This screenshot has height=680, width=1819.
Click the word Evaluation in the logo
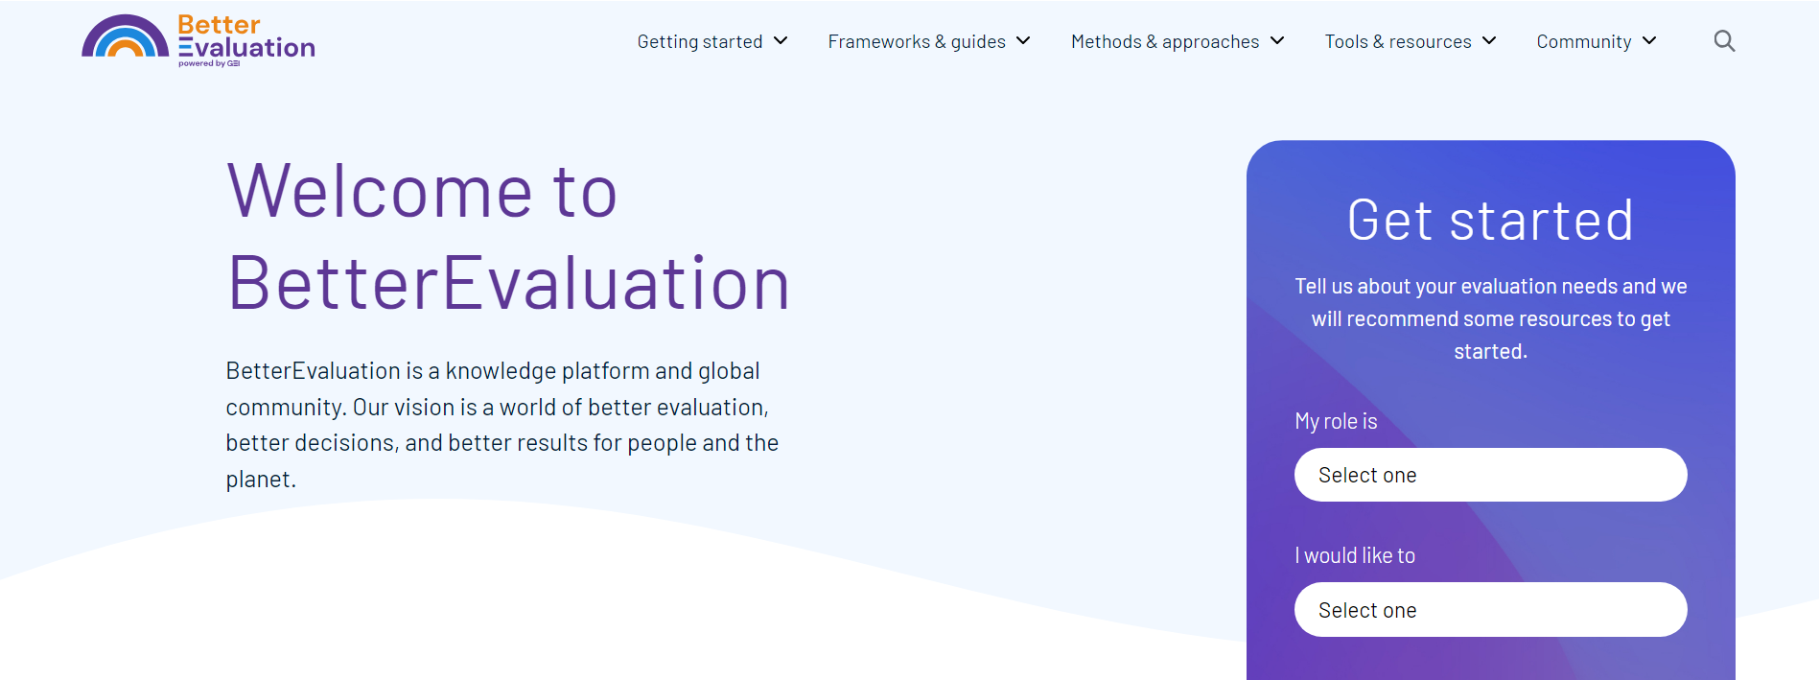coord(246,47)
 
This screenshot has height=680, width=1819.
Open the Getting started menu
coord(700,41)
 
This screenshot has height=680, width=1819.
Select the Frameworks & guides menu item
coord(916,41)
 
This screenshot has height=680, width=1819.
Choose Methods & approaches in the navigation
coord(1164,41)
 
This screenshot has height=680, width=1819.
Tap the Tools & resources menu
coord(1397,41)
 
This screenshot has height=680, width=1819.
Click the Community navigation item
coord(1583,41)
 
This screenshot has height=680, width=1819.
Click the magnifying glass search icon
coord(1724,41)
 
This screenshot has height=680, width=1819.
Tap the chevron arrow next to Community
coord(1649,40)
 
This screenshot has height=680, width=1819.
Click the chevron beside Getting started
coord(781,40)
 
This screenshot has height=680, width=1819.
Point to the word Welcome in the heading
coord(380,192)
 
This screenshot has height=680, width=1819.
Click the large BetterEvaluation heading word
coord(508,284)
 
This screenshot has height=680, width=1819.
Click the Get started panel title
coord(1490,221)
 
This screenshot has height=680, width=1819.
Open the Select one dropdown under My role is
coord(1490,475)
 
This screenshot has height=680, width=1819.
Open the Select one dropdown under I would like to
coord(1490,610)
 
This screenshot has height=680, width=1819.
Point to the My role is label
coord(1336,421)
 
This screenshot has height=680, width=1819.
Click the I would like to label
coord(1354,555)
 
